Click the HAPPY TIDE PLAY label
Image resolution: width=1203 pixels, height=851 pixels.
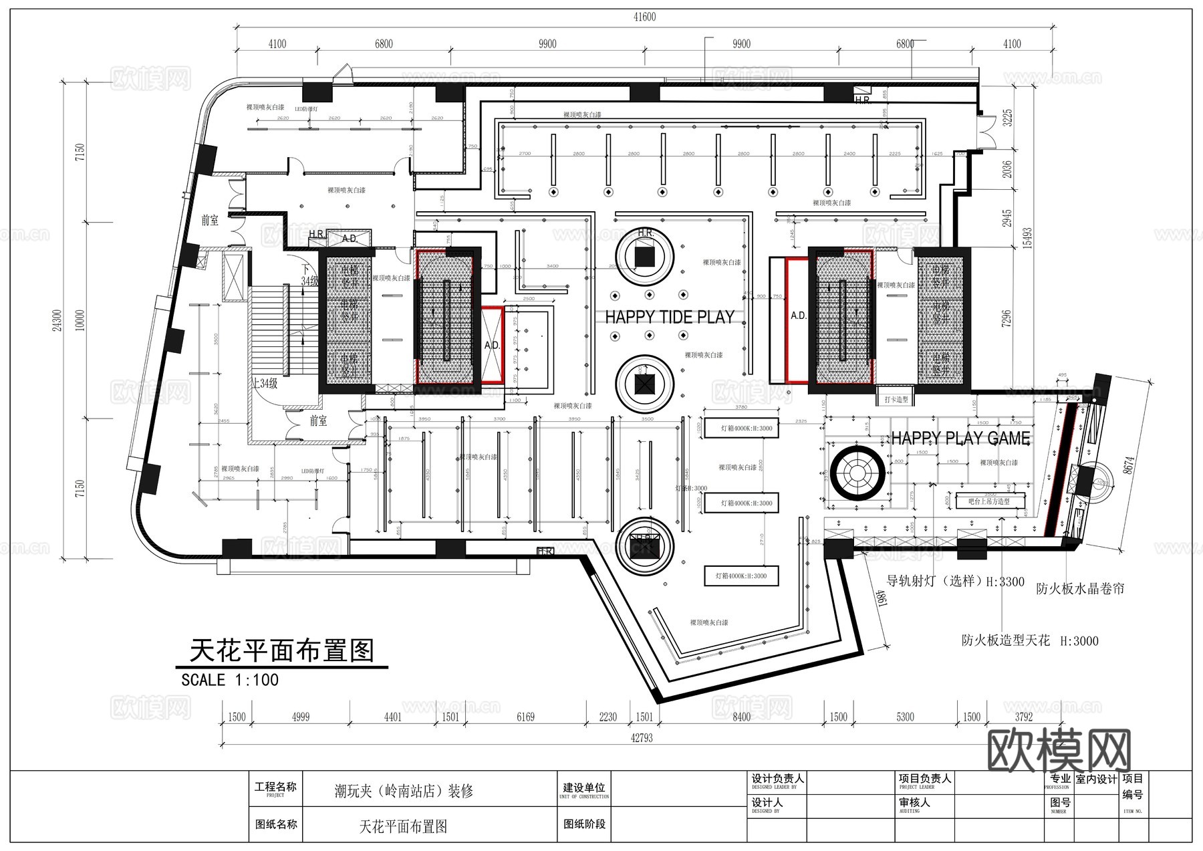pyautogui.click(x=670, y=317)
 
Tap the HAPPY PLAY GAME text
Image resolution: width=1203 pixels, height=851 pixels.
pyautogui.click(x=960, y=439)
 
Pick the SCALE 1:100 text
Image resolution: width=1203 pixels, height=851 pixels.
pyautogui.click(x=230, y=680)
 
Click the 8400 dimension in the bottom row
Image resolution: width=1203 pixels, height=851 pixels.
pyautogui.click(x=741, y=717)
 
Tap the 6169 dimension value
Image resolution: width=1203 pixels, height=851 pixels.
pyautogui.click(x=525, y=717)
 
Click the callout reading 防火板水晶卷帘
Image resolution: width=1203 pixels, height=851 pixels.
pyautogui.click(x=1080, y=589)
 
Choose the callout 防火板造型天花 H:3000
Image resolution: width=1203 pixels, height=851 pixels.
pyautogui.click(x=1030, y=640)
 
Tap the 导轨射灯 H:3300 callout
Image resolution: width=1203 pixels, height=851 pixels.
pyautogui.click(x=955, y=582)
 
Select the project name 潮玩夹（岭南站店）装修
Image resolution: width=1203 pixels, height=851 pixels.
pyautogui.click(x=404, y=792)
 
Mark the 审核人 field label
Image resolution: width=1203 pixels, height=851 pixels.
pyautogui.click(x=914, y=803)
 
